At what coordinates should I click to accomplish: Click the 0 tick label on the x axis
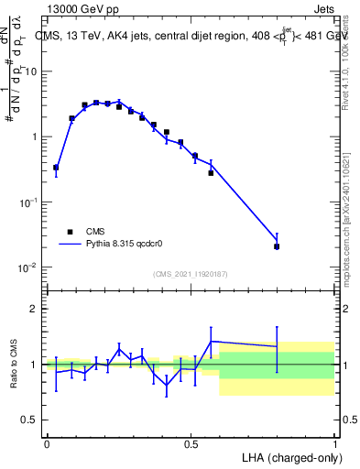pos(47,444)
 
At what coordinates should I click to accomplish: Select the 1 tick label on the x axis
pos(335,444)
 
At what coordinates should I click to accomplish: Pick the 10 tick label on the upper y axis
pos(31,71)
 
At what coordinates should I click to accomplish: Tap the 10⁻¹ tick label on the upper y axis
pos(29,202)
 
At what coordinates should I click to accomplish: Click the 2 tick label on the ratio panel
pos(34,309)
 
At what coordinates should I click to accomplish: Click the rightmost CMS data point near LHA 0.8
pos(277,246)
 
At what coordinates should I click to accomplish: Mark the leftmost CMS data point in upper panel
pos(56,168)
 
